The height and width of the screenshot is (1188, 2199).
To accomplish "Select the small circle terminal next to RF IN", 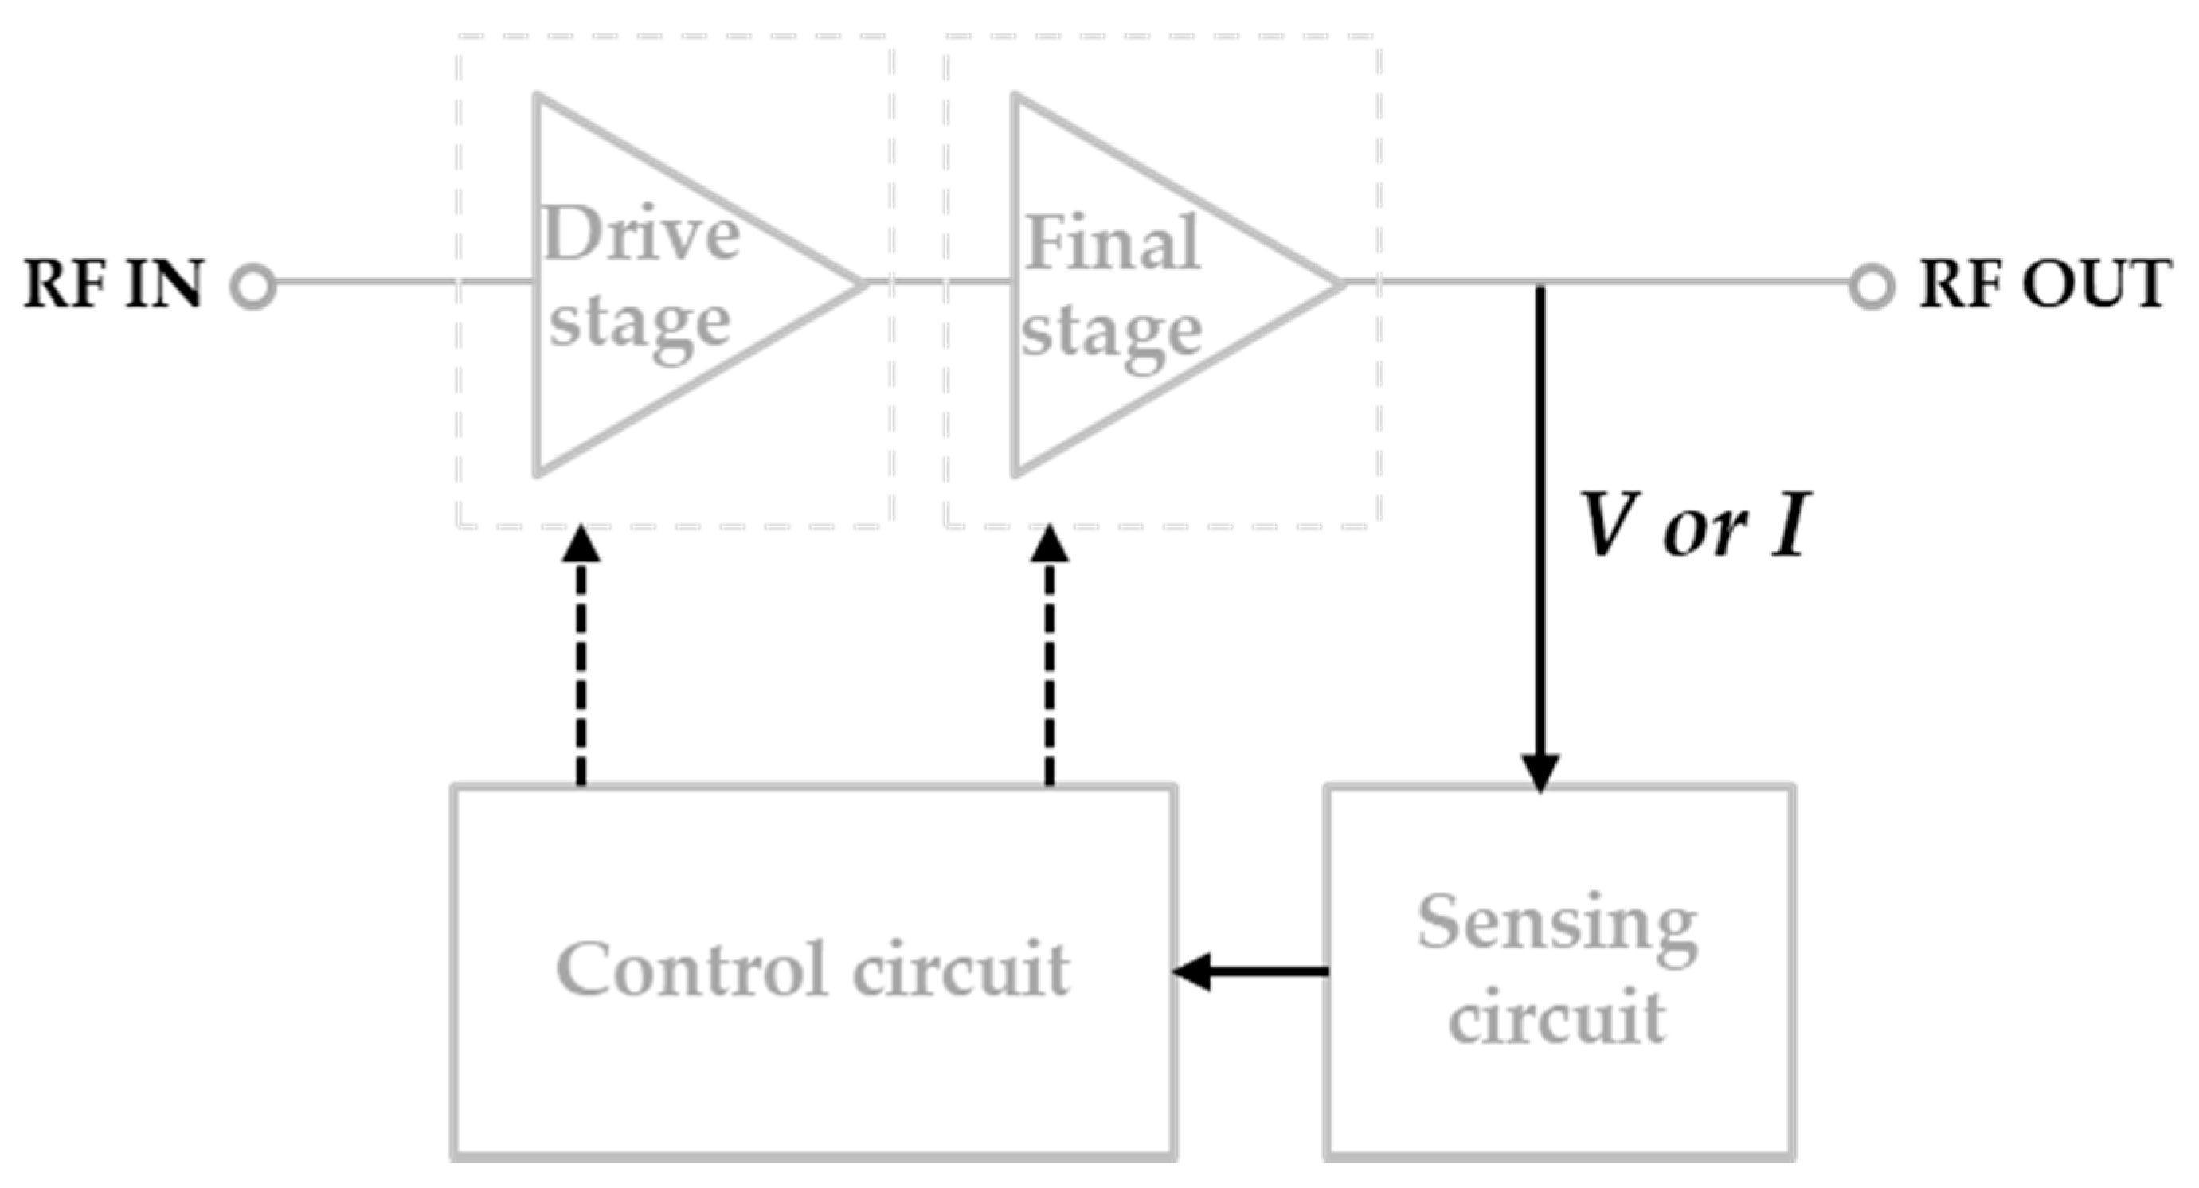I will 253,286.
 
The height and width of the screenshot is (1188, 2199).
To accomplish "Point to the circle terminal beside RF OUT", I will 1872,286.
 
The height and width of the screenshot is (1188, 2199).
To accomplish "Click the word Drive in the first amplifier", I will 641,234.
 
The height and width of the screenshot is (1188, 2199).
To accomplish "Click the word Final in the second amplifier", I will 1113,242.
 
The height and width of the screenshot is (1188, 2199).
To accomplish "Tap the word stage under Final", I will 1112,334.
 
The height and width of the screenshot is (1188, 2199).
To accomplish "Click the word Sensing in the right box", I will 1557,925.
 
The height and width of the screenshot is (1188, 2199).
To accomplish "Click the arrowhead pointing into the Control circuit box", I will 1191,971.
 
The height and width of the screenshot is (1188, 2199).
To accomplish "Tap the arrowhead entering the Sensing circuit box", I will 1540,773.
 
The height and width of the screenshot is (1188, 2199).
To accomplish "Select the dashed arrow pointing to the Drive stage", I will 581,657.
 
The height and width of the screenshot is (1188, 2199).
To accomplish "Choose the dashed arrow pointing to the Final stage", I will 1049,657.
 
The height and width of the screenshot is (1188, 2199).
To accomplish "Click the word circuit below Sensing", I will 1557,1018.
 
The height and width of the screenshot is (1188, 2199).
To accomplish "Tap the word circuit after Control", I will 961,971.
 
